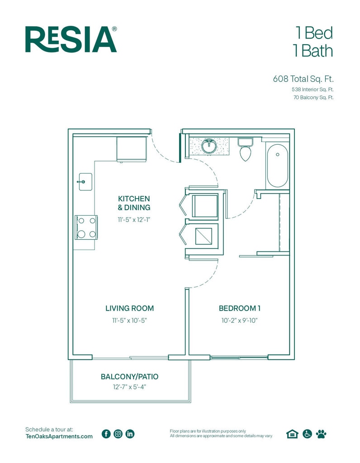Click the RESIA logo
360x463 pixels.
click(x=71, y=39)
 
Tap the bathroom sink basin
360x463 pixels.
click(x=209, y=146)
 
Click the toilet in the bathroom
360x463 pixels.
click(x=245, y=149)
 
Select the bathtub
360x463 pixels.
click(x=277, y=165)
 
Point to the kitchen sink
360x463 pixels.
click(x=85, y=182)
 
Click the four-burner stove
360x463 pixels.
click(x=86, y=227)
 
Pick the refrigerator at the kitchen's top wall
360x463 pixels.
click(x=132, y=149)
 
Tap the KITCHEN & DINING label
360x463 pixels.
click(x=134, y=203)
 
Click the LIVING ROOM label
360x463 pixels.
click(x=130, y=308)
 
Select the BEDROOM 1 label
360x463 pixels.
click(x=240, y=308)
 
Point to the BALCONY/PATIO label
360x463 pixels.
click(x=130, y=377)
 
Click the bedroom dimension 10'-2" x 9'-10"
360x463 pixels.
click(x=240, y=321)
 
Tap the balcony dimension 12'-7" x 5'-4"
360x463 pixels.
click(x=130, y=387)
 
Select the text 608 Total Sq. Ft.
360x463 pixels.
click(x=303, y=79)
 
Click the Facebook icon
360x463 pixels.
click(x=106, y=434)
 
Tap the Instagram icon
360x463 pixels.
click(x=118, y=434)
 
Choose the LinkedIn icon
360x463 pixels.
click(x=130, y=434)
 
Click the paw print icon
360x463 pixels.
click(x=321, y=434)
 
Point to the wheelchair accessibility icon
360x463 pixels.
click(x=307, y=434)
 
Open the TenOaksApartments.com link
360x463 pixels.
click(x=59, y=436)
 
